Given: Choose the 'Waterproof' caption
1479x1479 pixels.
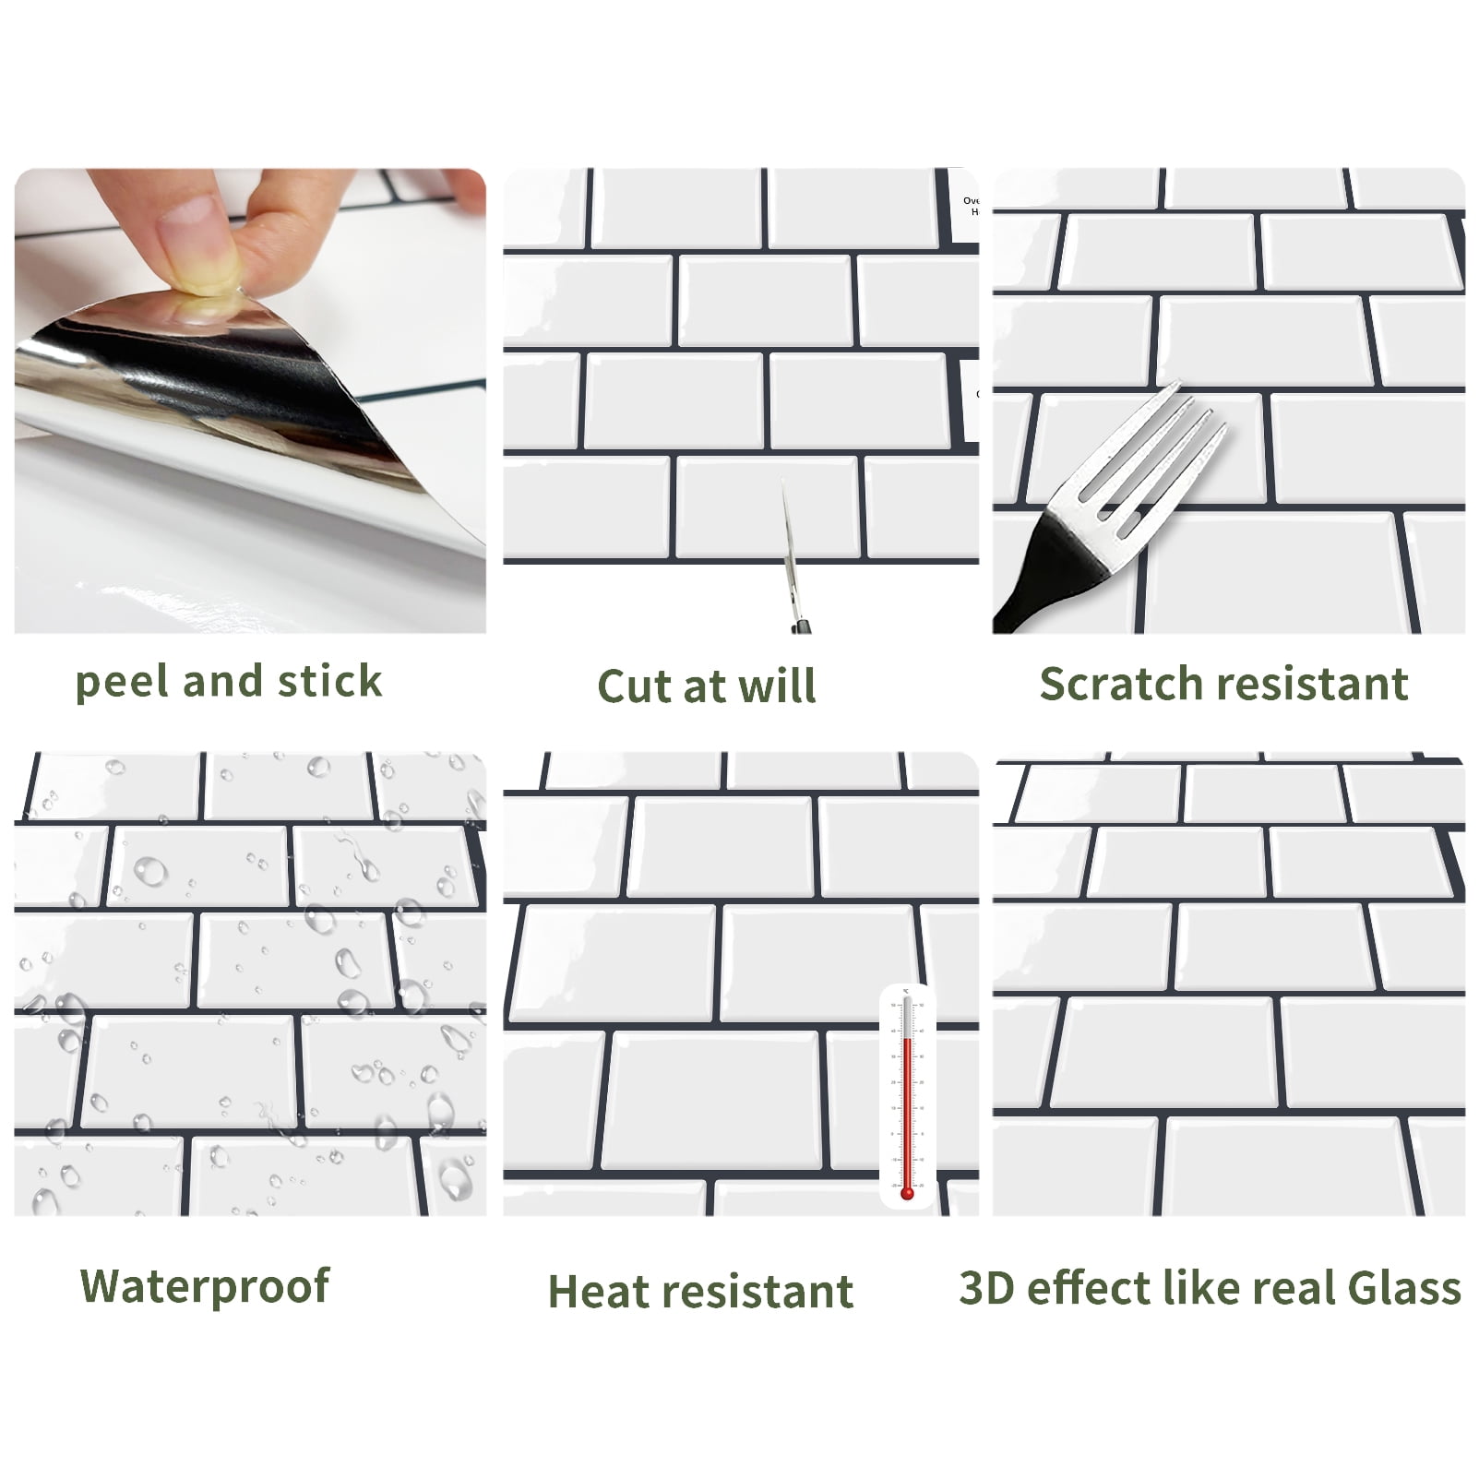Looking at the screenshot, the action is (x=205, y=1287).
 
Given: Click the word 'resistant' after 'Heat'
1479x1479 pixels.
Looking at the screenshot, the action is (x=755, y=1292).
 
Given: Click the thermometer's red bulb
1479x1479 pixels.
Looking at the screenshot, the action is (x=907, y=1193).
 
